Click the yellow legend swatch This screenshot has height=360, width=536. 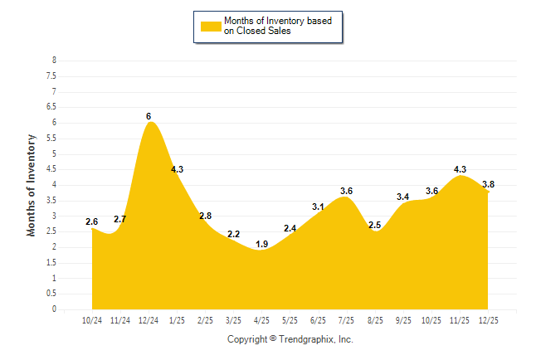tap(210, 27)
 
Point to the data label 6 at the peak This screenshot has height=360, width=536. tap(149, 117)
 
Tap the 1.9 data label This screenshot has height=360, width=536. tap(261, 245)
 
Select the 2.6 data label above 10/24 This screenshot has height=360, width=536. tap(91, 222)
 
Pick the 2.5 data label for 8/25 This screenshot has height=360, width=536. tap(374, 226)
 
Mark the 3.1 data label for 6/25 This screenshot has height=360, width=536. tap(318, 207)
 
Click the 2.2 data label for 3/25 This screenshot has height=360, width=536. tap(233, 235)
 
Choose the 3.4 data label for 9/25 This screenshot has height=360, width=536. tap(403, 197)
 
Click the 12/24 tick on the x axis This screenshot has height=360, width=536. tap(149, 320)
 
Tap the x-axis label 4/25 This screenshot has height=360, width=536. tap(261, 320)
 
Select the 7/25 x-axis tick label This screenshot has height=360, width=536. tap(346, 320)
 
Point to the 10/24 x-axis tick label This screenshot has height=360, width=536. tap(91, 320)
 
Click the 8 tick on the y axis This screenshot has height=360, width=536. tap(54, 61)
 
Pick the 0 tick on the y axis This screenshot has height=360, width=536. tap(54, 309)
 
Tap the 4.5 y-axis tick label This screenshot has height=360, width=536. tap(51, 169)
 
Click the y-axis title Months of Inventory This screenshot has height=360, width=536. tap(32, 184)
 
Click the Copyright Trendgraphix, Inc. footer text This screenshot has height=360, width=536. tap(290, 339)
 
